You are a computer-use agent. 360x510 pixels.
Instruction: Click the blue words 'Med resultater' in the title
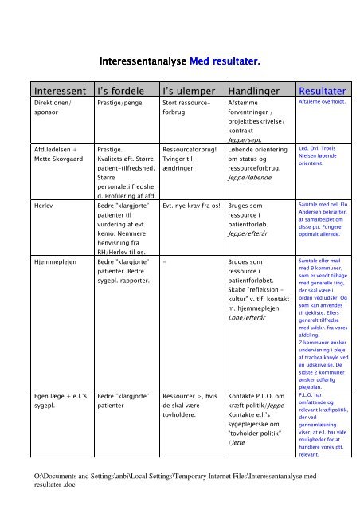click(226, 61)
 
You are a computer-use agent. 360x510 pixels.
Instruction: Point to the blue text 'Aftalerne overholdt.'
click(320, 104)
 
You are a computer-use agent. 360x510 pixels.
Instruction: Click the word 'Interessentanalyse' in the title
click(142, 61)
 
